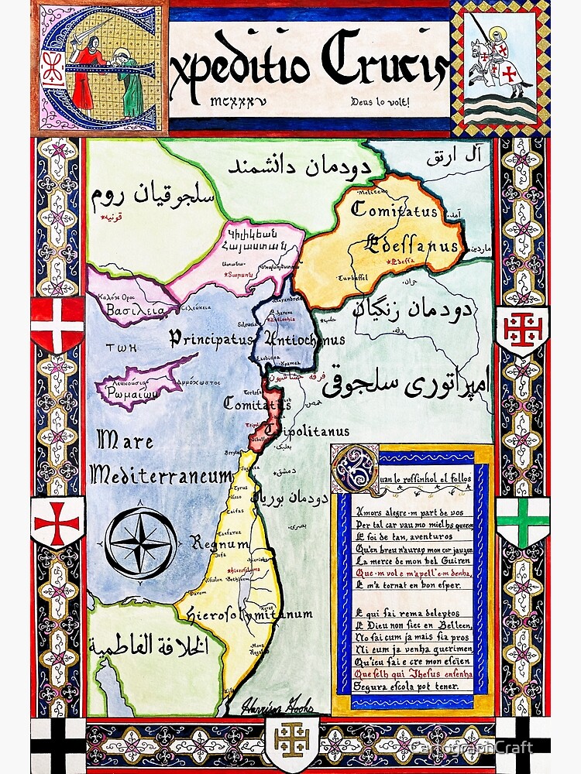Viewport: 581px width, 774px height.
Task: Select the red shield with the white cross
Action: pyautogui.click(x=58, y=324)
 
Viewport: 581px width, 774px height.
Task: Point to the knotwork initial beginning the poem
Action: pyautogui.click(x=355, y=468)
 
